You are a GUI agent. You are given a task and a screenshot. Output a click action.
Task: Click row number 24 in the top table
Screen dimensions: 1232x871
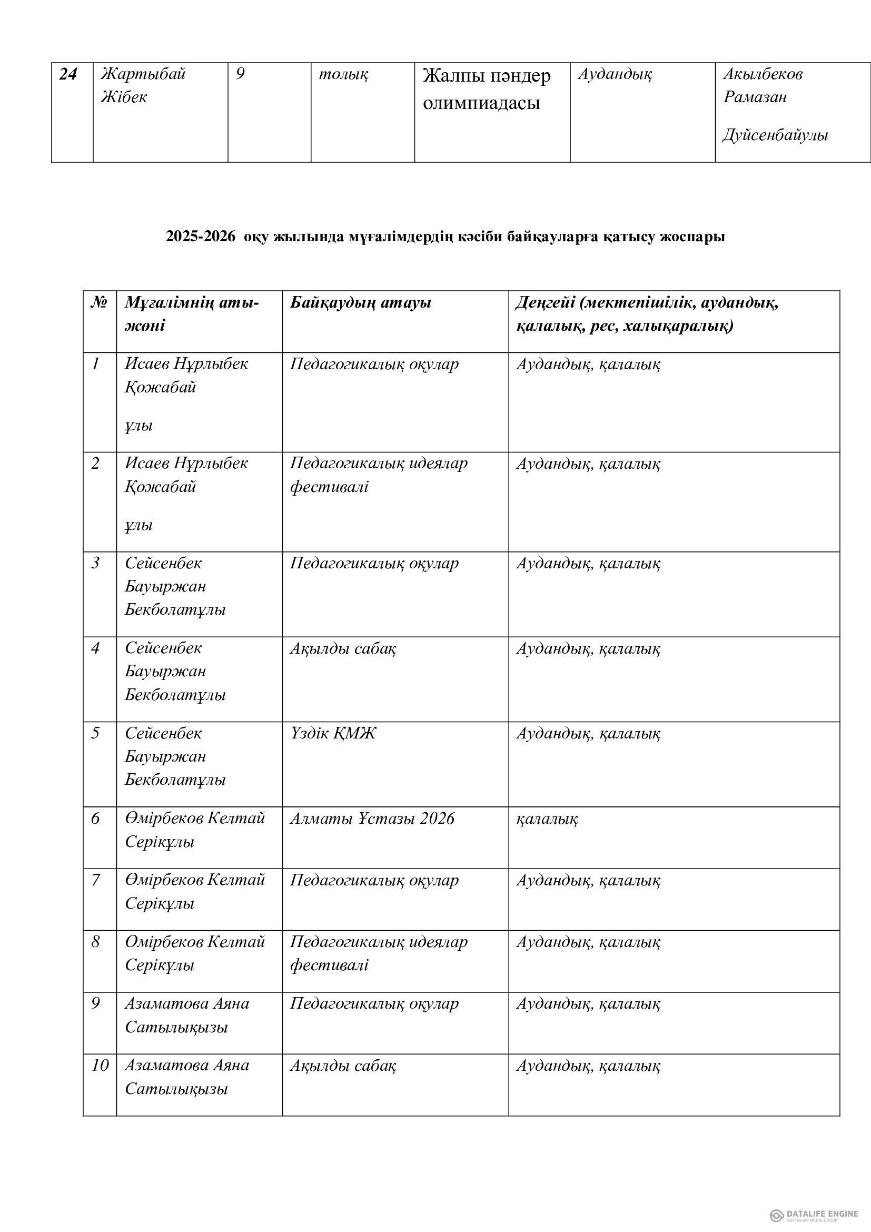pyautogui.click(x=67, y=74)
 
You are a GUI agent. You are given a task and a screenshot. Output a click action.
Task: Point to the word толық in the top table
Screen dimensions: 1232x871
pyautogui.click(x=343, y=74)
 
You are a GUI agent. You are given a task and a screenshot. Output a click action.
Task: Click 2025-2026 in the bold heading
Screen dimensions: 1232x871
pyautogui.click(x=200, y=236)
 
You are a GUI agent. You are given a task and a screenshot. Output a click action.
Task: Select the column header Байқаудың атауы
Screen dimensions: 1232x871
pyautogui.click(x=360, y=303)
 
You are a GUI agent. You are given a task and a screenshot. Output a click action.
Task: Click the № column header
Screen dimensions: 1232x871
pyautogui.click(x=99, y=303)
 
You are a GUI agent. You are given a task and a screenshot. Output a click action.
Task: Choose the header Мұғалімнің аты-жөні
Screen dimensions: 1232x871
pyautogui.click(x=192, y=314)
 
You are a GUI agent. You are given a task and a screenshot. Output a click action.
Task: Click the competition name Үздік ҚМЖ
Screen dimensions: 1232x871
pyautogui.click(x=332, y=733)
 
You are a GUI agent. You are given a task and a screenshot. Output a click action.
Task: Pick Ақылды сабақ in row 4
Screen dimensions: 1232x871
pyautogui.click(x=343, y=648)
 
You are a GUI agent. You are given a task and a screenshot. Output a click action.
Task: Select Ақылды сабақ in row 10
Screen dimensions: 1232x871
pyautogui.click(x=343, y=1065)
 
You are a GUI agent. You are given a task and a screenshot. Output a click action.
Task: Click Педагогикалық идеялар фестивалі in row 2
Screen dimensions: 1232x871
pyautogui.click(x=378, y=475)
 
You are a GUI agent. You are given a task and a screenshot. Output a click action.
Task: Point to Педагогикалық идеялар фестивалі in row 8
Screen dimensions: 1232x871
pyautogui.click(x=378, y=953)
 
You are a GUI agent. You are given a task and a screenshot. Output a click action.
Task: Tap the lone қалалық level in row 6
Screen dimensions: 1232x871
pyautogui.click(x=547, y=819)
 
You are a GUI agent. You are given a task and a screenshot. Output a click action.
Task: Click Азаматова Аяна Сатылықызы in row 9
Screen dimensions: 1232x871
pyautogui.click(x=186, y=1015)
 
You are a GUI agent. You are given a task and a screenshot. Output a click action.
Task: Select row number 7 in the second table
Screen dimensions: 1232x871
pyautogui.click(x=95, y=880)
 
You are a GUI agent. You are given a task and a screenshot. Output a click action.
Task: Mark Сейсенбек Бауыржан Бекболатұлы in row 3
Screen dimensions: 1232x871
pyautogui.click(x=175, y=586)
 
